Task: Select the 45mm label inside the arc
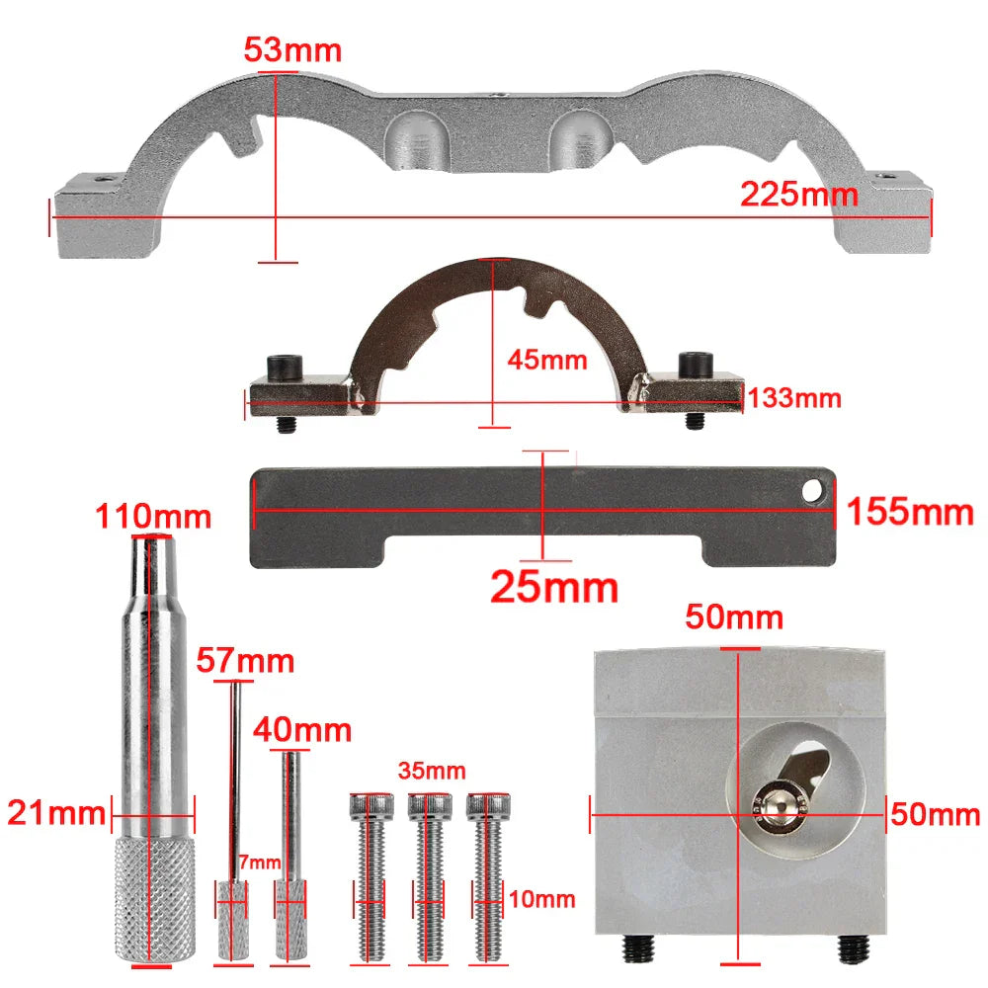point(547,360)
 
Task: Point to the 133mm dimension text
point(794,398)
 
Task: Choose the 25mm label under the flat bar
point(554,587)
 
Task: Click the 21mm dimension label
point(55,813)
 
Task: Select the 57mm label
point(245,660)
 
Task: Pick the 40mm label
point(302,730)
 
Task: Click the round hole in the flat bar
point(814,489)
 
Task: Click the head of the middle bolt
point(430,807)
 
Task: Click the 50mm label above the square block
point(735,618)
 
